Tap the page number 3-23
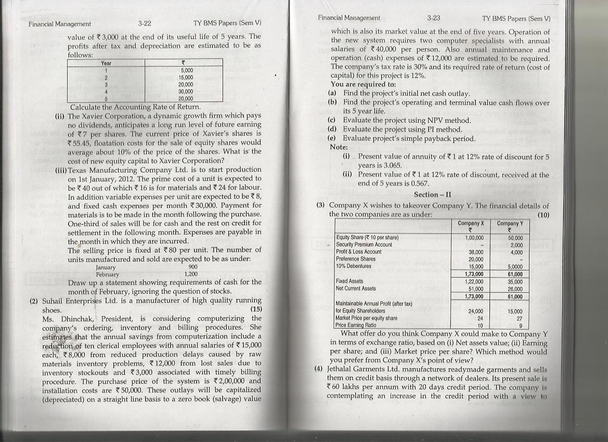pyautogui.click(x=433, y=18)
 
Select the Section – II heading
pyautogui.click(x=433, y=194)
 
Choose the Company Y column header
pyautogui.click(x=509, y=223)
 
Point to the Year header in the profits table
pyautogui.click(x=107, y=62)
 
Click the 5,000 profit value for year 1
pyautogui.click(x=187, y=70)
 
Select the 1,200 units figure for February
pyautogui.click(x=191, y=274)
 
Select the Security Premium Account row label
pyautogui.click(x=364, y=244)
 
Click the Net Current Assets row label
pyautogui.click(x=356, y=288)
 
